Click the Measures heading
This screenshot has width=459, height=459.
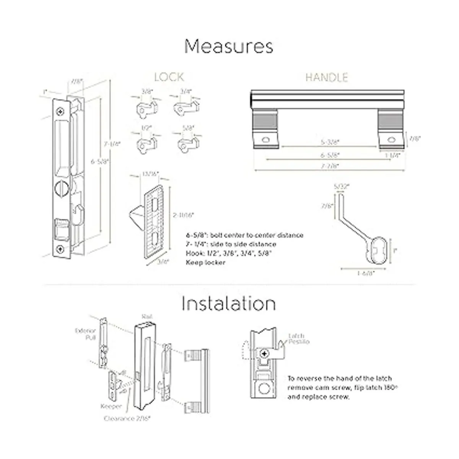tap(229, 47)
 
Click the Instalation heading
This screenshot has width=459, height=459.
tap(228, 304)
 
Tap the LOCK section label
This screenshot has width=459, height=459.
tap(169, 77)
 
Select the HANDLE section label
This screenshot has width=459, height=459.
tap(327, 77)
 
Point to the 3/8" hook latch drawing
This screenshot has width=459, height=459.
tap(145, 107)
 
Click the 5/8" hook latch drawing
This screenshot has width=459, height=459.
tap(186, 143)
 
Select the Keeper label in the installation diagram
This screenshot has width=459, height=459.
tap(111, 407)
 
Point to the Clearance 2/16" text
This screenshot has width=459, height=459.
tap(127, 418)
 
